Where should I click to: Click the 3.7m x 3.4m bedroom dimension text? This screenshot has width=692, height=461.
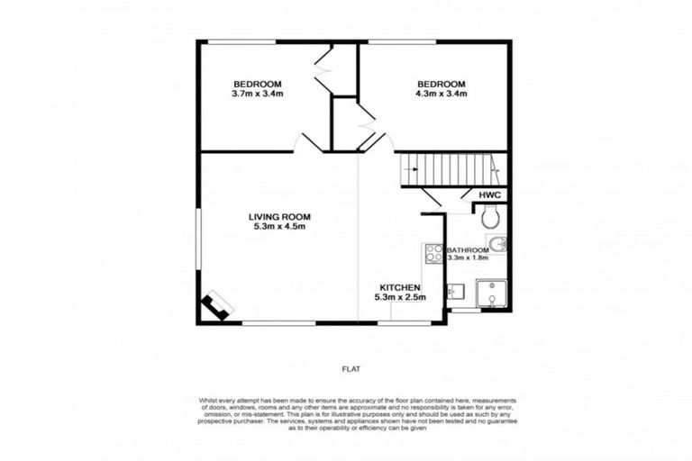coord(258,93)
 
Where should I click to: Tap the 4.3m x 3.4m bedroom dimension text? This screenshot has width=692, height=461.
coord(441,93)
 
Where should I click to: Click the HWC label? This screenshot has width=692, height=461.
coord(490,194)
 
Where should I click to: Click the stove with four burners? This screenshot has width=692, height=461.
coord(433,254)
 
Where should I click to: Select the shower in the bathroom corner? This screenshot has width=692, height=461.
coord(491,293)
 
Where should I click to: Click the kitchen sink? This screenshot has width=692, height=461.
coord(455,290)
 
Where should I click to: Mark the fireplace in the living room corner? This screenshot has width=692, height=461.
coord(216,306)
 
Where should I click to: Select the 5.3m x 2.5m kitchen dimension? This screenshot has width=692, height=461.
coord(402,296)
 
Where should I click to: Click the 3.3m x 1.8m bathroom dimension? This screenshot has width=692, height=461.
coord(468,258)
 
